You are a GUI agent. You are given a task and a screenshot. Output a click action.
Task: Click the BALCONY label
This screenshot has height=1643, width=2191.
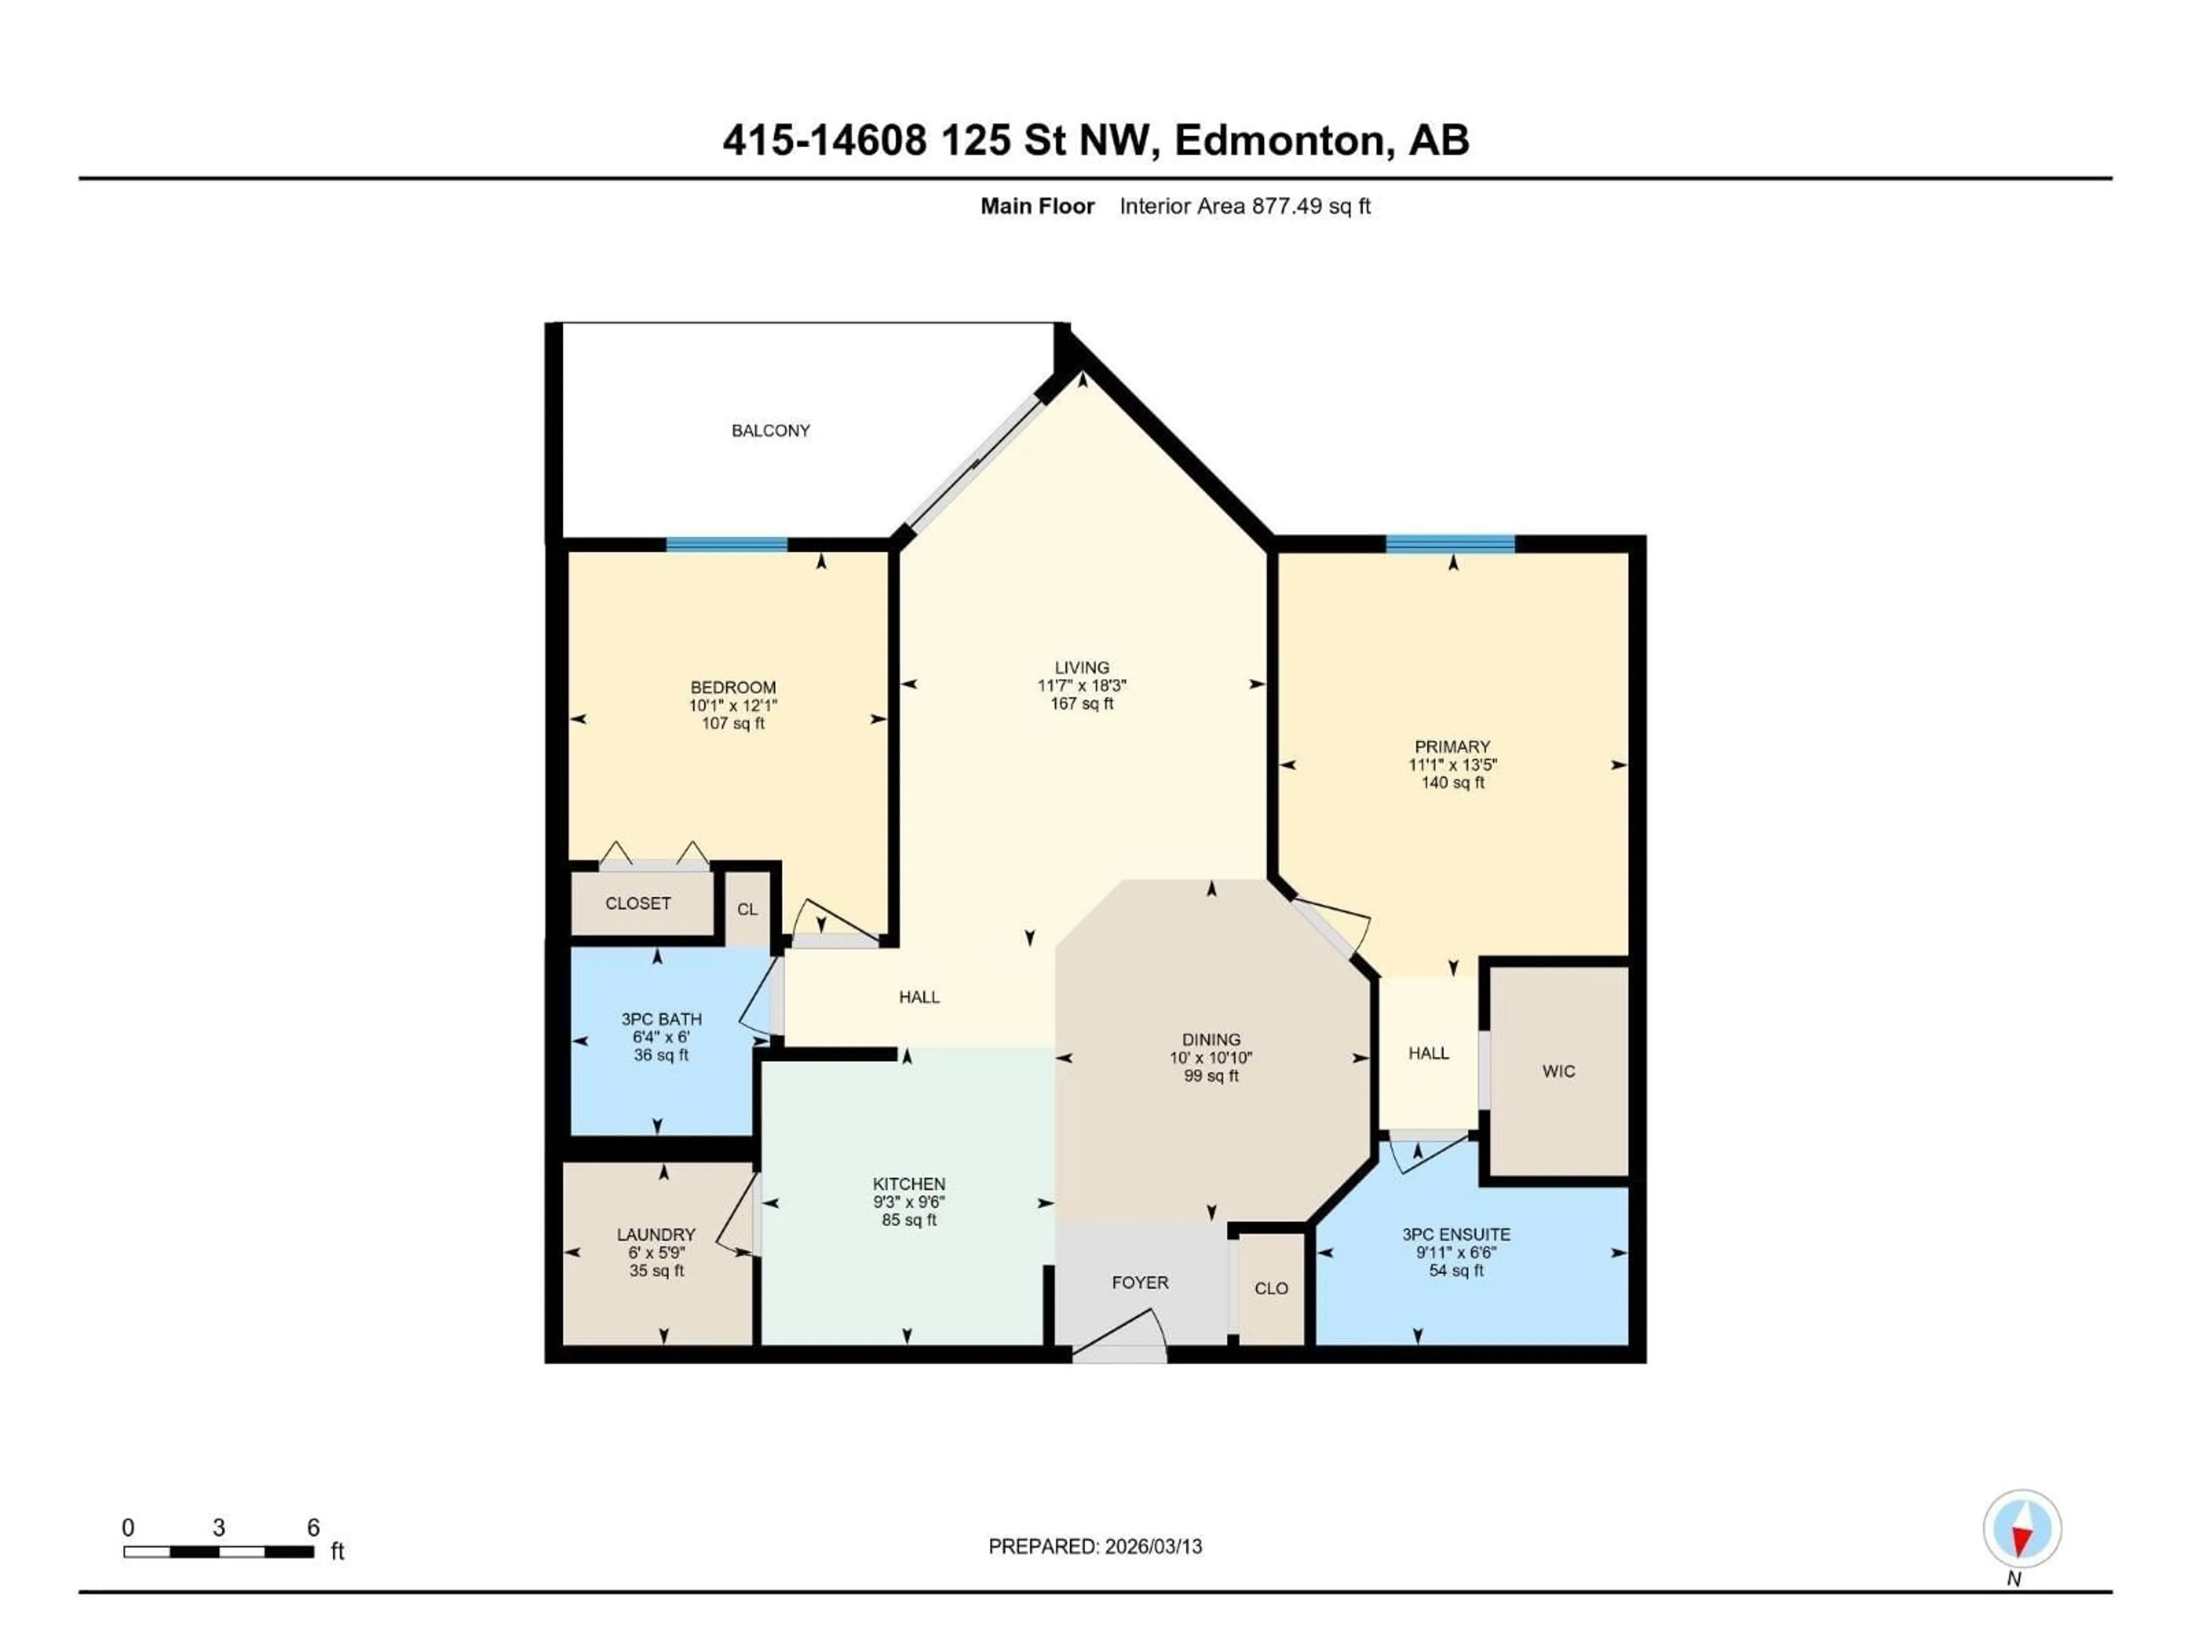(771, 431)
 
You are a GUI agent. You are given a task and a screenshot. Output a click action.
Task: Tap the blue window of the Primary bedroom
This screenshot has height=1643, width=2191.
(1450, 544)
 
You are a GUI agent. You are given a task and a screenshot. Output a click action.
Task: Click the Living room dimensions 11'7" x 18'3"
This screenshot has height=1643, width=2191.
(1082, 685)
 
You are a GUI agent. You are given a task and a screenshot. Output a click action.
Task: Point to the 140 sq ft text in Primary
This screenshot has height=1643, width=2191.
(1452, 782)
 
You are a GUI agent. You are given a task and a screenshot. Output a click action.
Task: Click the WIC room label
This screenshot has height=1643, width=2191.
(1558, 1071)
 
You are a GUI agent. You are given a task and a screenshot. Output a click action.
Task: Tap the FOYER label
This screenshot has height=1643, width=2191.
(1140, 1282)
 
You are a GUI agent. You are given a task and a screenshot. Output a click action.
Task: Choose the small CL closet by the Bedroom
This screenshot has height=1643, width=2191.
(747, 909)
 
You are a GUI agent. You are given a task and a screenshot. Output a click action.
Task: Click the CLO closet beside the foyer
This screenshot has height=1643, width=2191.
(1271, 1289)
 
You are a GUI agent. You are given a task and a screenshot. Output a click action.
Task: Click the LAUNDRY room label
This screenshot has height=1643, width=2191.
(656, 1235)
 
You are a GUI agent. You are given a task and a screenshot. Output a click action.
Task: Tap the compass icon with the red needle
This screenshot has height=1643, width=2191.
(2022, 1528)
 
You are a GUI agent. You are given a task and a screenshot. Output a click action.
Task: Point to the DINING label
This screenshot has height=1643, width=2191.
(1210, 1040)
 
